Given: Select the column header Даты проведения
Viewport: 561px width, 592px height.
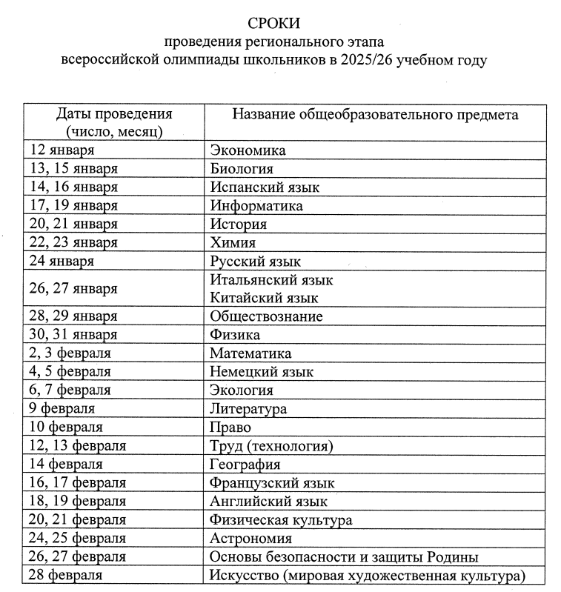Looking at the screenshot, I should tap(114, 114).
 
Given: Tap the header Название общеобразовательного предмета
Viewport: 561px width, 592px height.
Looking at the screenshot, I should tap(376, 114).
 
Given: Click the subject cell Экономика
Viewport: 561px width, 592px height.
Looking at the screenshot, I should tap(248, 150).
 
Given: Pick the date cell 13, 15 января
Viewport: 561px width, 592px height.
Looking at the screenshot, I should tap(73, 169).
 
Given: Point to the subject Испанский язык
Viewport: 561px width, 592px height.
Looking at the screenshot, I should tap(265, 187).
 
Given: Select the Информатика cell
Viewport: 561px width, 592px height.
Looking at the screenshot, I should tap(256, 205).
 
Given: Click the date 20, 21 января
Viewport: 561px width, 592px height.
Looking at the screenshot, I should tap(73, 224).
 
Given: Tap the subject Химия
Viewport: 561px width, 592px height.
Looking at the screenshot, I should tap(233, 242).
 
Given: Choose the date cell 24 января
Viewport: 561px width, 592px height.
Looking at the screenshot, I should tap(62, 261).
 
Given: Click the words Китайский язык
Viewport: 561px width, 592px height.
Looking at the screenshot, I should tap(265, 298).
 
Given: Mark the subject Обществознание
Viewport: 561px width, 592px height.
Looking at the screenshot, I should tap(266, 316).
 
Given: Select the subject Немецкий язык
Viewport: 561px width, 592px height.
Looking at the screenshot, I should tap(262, 372).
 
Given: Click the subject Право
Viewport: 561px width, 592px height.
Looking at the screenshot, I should tap(230, 428).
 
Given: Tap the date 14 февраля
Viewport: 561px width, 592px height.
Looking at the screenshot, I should tap(65, 465).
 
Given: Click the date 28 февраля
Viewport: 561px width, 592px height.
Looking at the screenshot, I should tap(65, 576).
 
